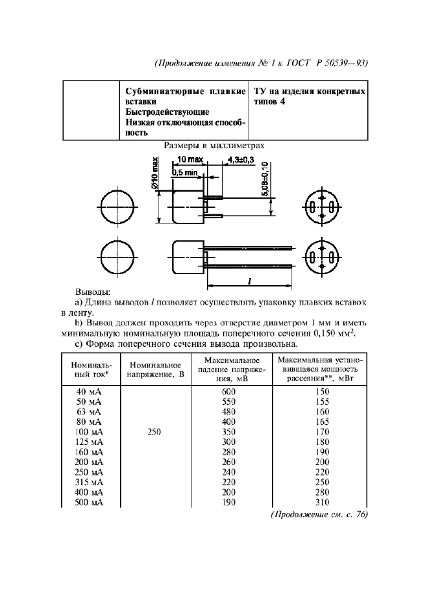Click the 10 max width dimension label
pos(190,159)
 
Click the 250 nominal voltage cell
pos(154,431)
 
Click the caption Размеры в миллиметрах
pos(214,146)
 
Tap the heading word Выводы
pos(93,292)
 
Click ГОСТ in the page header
pos(298,63)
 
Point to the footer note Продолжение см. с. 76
pos(319,514)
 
